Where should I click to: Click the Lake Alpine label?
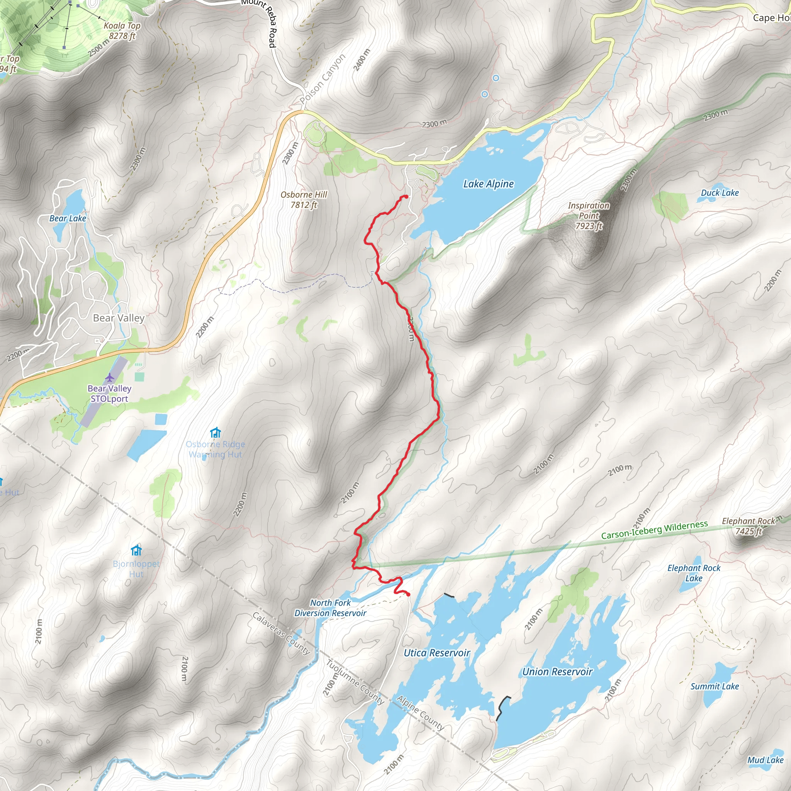488,184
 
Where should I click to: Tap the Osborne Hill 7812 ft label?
304,200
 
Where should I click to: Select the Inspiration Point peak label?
589,216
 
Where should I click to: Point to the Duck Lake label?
720,193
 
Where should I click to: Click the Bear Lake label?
68,219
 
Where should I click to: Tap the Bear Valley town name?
119,318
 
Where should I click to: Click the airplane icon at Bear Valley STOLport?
109,377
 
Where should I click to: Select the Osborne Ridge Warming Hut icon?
216,433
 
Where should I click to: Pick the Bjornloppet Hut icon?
136,550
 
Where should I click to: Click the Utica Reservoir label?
437,653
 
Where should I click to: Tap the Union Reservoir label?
557,672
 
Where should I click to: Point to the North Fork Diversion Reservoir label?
330,608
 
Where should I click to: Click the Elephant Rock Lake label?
694,573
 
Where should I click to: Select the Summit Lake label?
715,687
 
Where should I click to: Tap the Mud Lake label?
765,760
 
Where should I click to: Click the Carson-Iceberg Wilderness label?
654,530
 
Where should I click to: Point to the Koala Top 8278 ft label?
122,31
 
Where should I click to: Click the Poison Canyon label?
323,79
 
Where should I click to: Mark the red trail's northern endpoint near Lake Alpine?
406,197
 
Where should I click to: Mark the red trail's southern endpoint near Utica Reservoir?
408,594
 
